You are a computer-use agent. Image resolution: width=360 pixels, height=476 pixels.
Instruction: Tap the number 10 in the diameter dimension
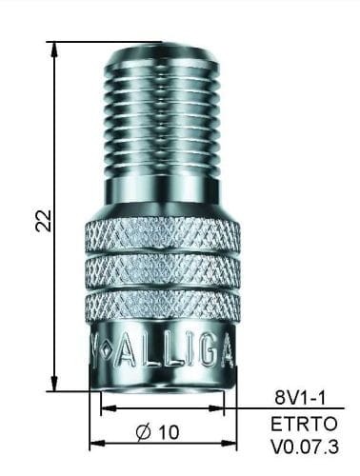click(x=169, y=431)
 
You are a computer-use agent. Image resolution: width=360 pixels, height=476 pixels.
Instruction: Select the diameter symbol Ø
click(x=144, y=431)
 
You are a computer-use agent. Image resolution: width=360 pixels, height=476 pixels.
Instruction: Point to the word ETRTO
click(x=296, y=425)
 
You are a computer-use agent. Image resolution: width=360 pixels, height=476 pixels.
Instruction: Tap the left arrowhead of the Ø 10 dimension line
click(x=94, y=445)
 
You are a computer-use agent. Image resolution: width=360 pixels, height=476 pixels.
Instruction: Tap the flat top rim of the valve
click(x=164, y=46)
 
